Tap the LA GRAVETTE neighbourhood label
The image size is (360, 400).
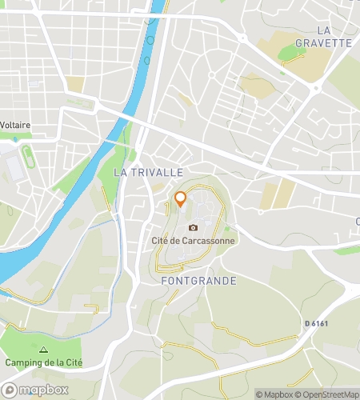pos(323,37)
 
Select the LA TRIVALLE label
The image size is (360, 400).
pos(149,172)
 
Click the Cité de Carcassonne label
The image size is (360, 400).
pos(193,241)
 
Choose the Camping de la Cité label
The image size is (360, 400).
pos(43,363)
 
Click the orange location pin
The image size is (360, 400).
pos(181,200)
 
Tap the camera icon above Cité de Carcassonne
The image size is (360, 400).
pos(193,228)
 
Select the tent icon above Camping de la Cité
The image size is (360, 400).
pos(43,350)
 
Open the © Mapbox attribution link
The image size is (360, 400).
pos(274,394)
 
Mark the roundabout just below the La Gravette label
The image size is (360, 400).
pos(316,86)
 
